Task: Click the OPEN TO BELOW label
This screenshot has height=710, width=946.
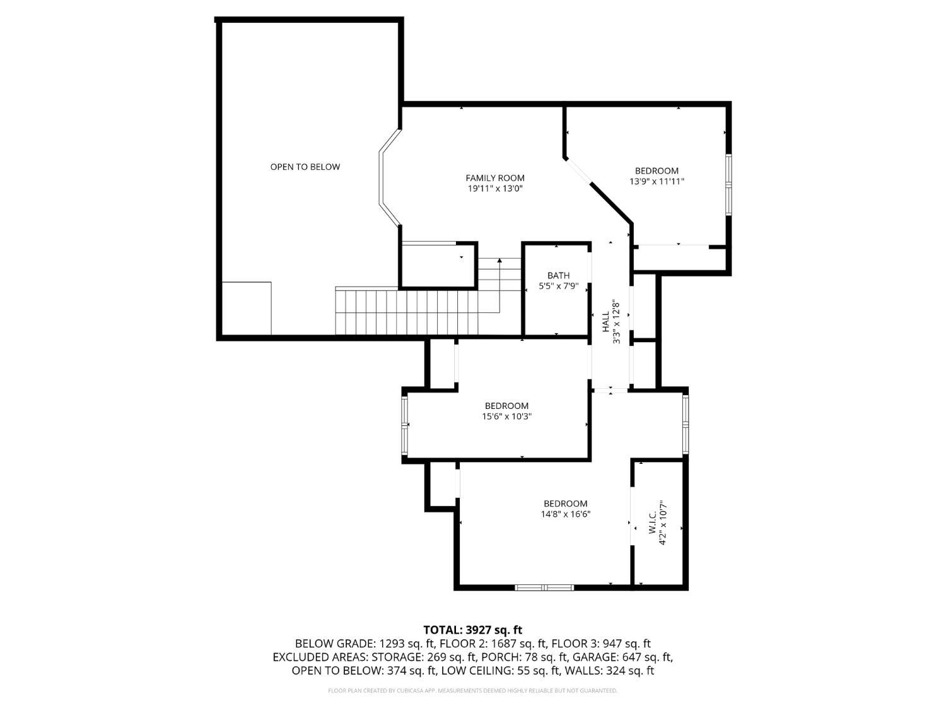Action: click(305, 167)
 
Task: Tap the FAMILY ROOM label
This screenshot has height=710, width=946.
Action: click(495, 178)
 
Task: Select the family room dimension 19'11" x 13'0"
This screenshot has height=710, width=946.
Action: click(495, 189)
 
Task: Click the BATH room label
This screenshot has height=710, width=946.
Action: click(558, 275)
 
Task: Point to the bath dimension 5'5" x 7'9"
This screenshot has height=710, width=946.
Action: click(558, 286)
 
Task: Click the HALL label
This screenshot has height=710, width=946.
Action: click(605, 322)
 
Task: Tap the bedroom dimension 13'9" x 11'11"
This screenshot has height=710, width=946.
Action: click(657, 181)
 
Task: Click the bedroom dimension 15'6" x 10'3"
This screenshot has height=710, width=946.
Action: click(506, 417)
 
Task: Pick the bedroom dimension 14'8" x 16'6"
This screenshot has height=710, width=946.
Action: click(566, 514)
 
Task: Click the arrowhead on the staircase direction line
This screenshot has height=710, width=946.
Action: click(500, 259)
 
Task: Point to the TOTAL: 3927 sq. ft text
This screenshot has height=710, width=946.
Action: click(472, 630)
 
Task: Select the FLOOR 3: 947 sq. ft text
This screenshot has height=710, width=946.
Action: click(600, 644)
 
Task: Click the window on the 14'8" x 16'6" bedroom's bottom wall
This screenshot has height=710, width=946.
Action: click(544, 588)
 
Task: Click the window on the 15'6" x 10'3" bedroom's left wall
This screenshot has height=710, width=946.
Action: click(405, 425)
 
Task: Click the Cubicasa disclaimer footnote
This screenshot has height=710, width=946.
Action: click(472, 690)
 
